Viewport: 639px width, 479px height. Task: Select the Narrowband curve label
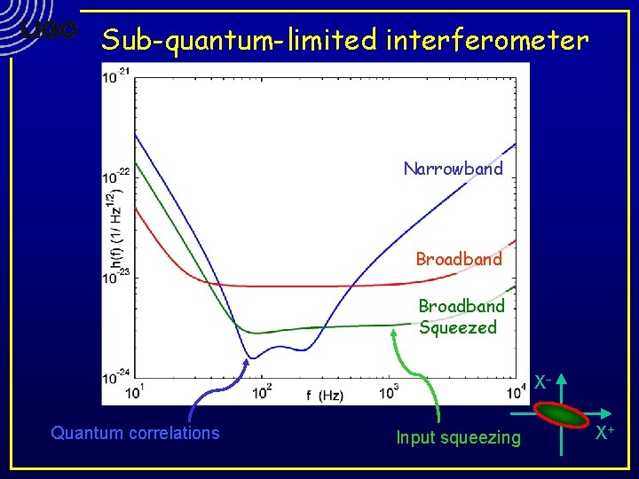(x=453, y=169)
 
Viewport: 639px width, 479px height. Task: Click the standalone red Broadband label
(x=459, y=259)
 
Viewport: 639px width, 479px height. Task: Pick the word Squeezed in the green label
(x=458, y=328)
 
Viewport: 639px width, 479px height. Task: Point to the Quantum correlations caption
(x=135, y=433)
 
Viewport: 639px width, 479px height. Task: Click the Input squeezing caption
(x=458, y=437)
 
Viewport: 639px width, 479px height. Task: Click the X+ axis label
(x=605, y=433)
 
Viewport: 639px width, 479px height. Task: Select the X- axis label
(x=543, y=382)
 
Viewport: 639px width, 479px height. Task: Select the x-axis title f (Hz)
(x=326, y=395)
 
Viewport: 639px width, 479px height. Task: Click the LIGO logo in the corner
(x=50, y=30)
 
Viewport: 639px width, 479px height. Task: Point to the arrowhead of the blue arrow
(x=246, y=360)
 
